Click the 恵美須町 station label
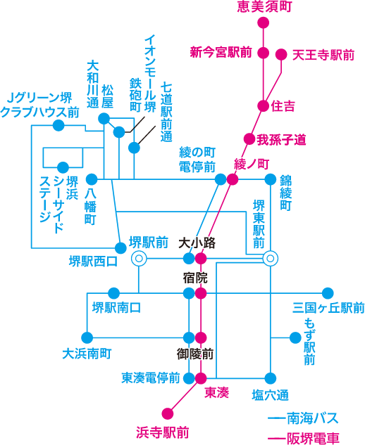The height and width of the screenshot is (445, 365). (264, 7)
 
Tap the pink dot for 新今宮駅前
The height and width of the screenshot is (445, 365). (263, 53)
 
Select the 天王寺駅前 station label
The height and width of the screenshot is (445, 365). (323, 53)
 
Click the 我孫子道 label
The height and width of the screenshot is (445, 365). (281, 139)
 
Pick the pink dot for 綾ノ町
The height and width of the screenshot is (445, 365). (233, 179)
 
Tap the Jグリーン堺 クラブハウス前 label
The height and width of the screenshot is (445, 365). (40, 104)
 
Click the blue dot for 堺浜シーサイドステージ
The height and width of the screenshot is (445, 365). (63, 167)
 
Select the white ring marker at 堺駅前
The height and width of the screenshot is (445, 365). (139, 259)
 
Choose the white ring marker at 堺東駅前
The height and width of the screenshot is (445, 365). (270, 259)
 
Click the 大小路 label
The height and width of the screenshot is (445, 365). (197, 243)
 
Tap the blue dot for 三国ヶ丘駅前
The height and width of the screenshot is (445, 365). (327, 293)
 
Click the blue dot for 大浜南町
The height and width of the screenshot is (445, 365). (87, 337)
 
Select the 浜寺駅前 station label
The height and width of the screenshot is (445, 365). (162, 432)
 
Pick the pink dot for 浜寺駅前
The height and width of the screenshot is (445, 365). (168, 413)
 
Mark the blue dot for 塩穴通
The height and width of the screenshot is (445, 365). (270, 378)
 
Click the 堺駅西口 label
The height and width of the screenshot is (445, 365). (92, 262)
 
